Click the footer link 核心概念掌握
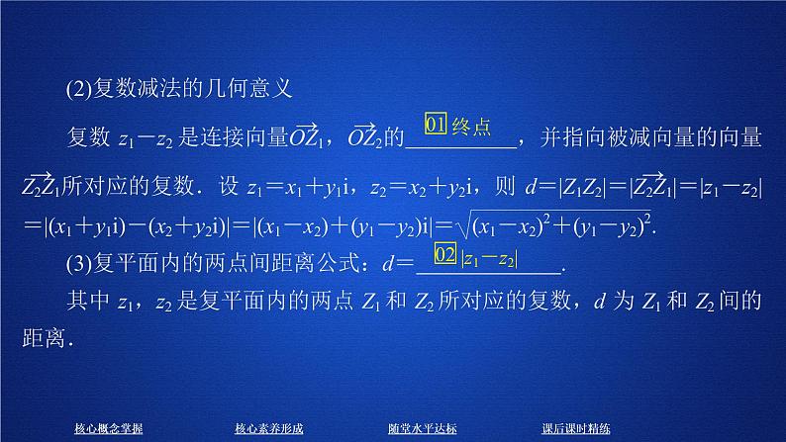click(109, 428)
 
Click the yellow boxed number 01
click(437, 126)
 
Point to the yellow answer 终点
click(471, 127)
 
